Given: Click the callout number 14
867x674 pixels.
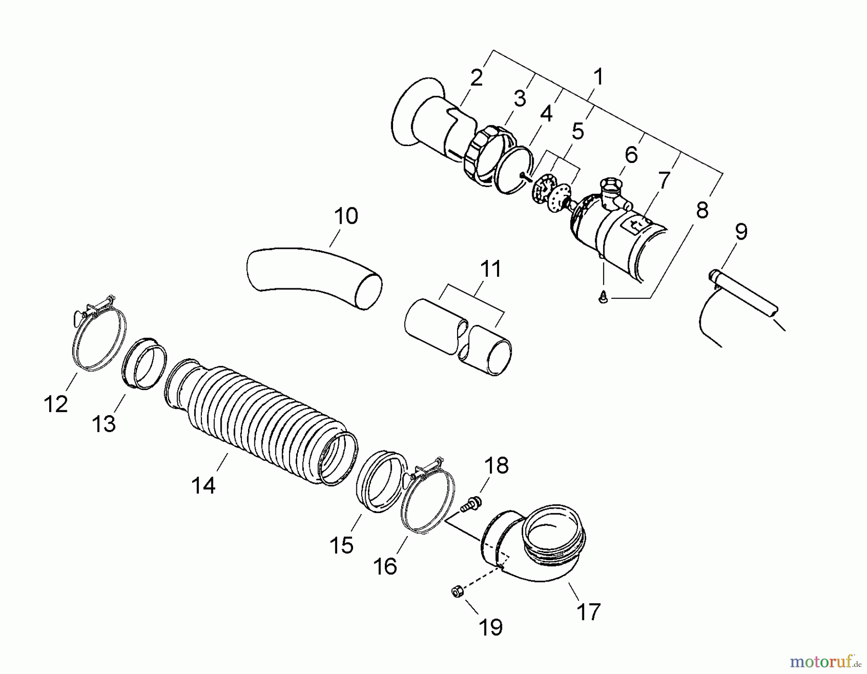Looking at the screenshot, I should coord(203,485).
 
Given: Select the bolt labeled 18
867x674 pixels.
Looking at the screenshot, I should coord(470,505).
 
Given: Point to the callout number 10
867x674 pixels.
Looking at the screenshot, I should coord(346,216).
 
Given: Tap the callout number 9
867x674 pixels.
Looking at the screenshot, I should coord(741,232).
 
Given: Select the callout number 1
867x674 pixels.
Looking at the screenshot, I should coord(598,77).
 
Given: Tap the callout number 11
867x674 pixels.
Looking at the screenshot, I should coord(491,269).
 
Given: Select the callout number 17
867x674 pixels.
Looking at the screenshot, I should coord(588,612).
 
